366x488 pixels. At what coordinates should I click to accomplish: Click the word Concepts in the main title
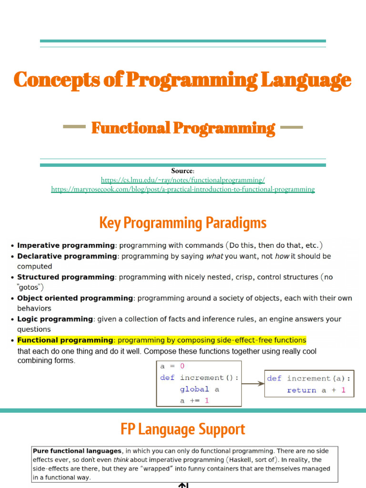point(57,80)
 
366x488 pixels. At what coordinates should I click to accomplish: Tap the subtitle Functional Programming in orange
point(183,128)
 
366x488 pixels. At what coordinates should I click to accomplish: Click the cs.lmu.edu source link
point(183,180)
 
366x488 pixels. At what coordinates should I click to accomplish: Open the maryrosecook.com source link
point(183,189)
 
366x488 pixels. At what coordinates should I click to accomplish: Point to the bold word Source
point(182,171)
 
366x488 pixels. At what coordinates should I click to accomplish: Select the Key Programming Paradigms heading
point(183,223)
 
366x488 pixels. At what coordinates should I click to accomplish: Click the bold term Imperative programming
point(66,245)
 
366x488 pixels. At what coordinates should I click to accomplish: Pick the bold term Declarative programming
point(67,256)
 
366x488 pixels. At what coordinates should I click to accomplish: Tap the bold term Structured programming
point(66,277)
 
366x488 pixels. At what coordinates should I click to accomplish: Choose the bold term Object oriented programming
point(75,298)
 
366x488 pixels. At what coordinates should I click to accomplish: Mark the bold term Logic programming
point(55,319)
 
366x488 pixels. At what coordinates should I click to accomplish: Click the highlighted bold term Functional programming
point(65,340)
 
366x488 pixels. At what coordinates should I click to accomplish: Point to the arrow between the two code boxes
point(253,384)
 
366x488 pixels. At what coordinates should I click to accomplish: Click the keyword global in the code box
point(194,389)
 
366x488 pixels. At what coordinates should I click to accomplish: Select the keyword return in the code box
point(302,390)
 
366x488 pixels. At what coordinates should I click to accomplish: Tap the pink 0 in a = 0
point(182,366)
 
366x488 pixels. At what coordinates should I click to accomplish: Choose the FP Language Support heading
point(183,429)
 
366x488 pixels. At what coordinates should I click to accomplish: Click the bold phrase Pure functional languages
point(77,451)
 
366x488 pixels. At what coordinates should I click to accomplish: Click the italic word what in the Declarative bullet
point(215,256)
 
